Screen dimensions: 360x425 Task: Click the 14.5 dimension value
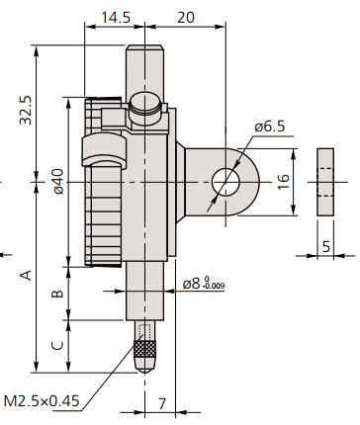(116, 17)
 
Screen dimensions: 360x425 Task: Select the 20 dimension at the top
(186, 17)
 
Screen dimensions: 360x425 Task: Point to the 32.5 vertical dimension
(26, 110)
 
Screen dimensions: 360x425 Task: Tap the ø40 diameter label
(58, 181)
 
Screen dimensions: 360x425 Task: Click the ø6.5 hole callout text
(270, 127)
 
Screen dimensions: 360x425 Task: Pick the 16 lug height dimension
(283, 182)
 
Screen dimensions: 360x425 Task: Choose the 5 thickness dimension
(325, 246)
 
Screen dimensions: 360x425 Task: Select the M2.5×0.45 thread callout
(42, 401)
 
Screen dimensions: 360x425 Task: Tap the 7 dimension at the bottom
(161, 403)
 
